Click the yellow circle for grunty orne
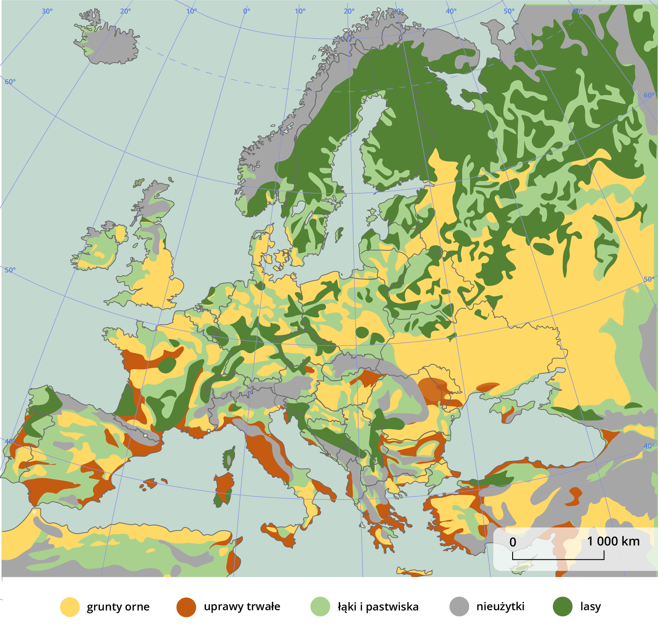click(70, 607)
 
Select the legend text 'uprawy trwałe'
click(242, 606)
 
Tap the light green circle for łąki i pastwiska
click(320, 606)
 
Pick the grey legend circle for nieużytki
click(459, 606)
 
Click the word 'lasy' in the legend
click(590, 606)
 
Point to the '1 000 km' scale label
click(613, 541)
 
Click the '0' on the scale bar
click(513, 542)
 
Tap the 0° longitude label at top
click(247, 11)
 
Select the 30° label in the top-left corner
click(47, 11)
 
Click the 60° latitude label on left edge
click(10, 82)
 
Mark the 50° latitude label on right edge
click(649, 279)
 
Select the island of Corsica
click(228, 458)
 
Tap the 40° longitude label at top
click(451, 11)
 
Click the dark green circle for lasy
click(563, 606)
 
